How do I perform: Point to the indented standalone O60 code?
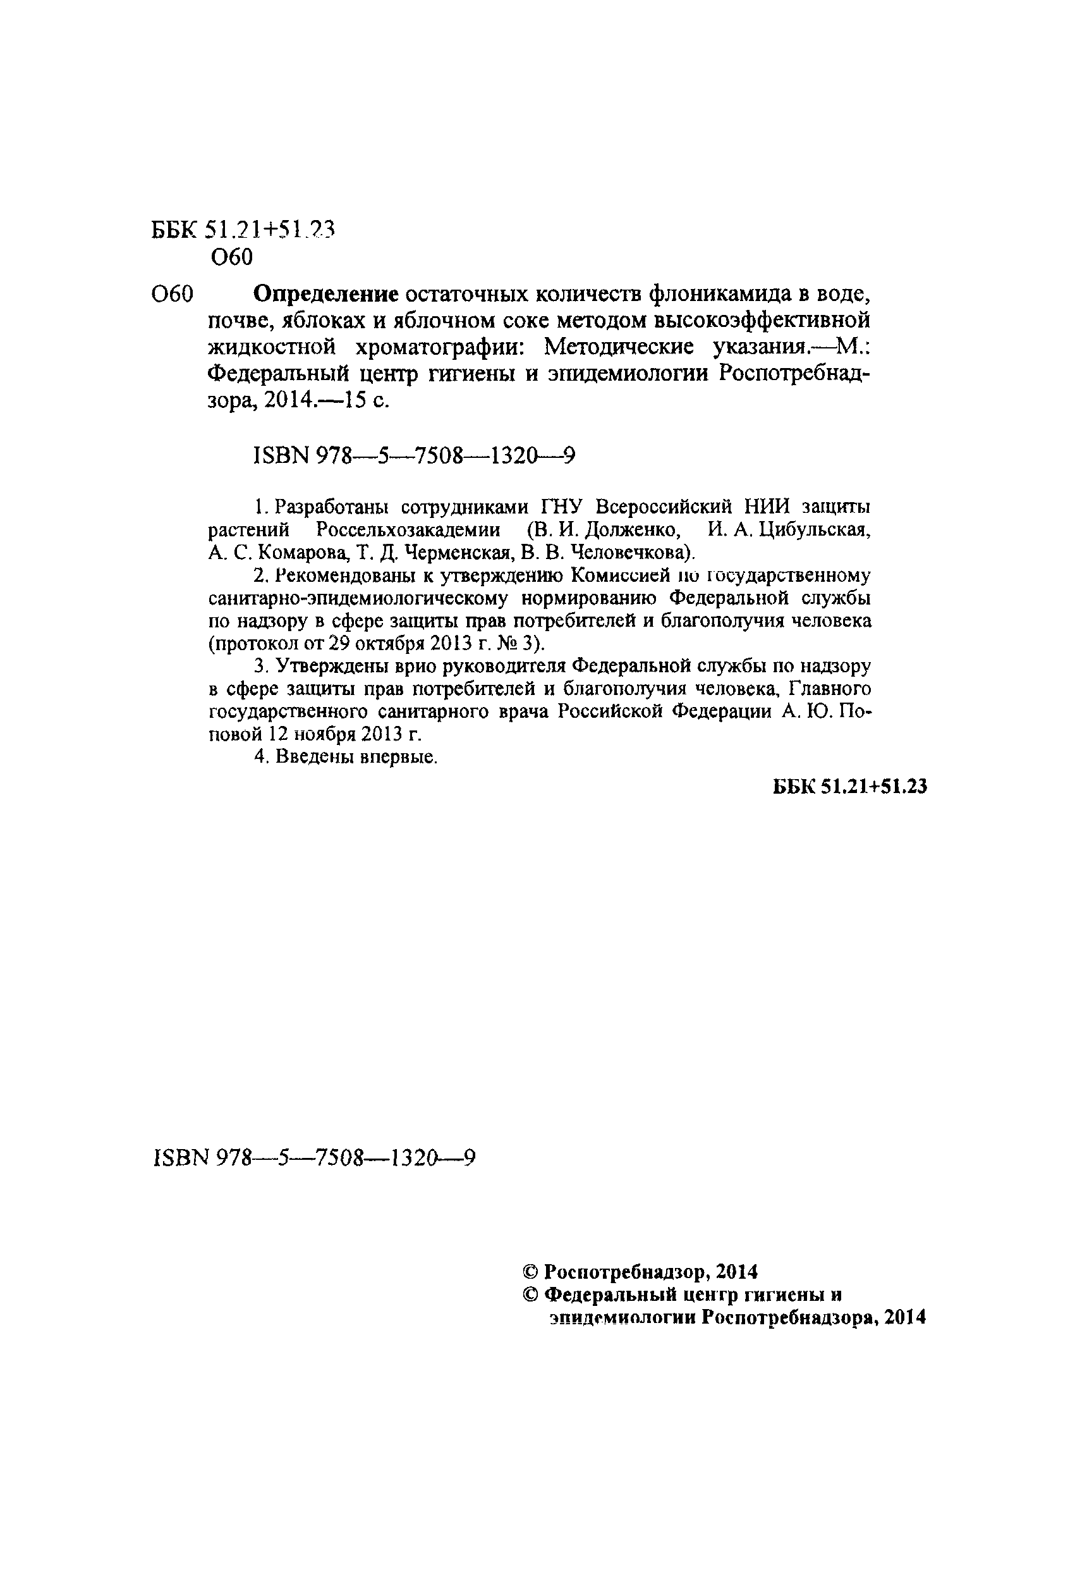pyautogui.click(x=231, y=257)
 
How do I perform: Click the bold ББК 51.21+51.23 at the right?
pyautogui.click(x=849, y=786)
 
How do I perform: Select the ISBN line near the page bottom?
pyautogui.click(x=315, y=1159)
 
